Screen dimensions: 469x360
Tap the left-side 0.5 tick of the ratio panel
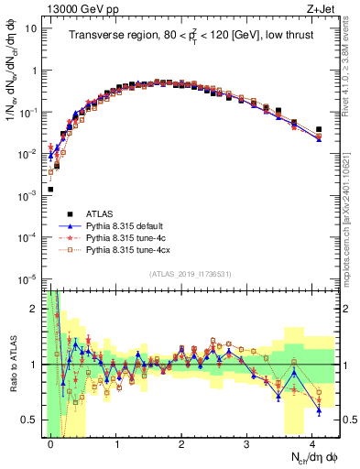34,420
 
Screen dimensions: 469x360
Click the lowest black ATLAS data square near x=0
50,190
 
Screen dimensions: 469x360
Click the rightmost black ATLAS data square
319,129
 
